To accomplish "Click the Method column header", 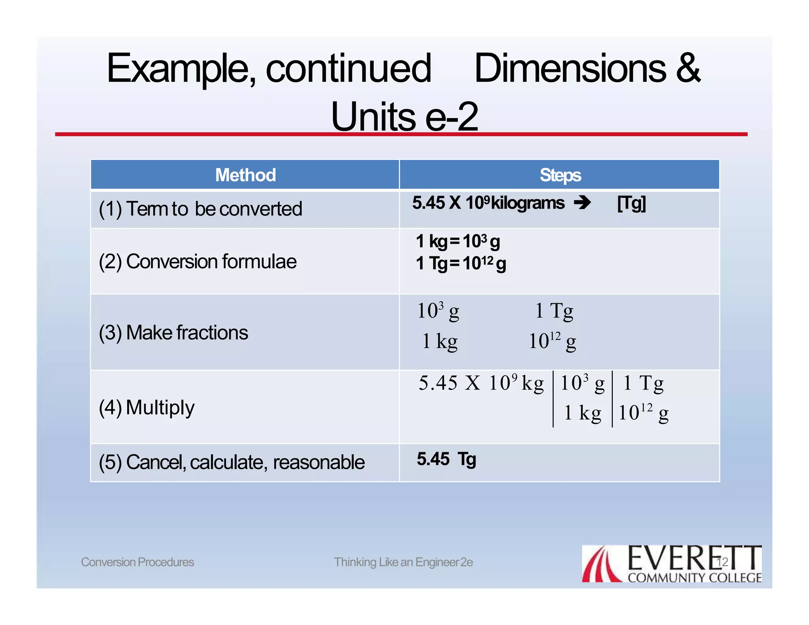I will point(245,175).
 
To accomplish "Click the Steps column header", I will point(560,175).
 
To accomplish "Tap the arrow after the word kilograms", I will point(582,203).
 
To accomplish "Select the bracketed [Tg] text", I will point(631,203).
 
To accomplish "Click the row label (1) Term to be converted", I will point(200,209).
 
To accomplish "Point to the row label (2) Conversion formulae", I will point(198,262).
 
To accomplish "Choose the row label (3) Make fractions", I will point(173,333).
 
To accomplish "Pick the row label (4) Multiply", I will point(147,408).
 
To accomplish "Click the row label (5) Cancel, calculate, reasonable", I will point(231,462).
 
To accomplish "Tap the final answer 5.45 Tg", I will point(446,459).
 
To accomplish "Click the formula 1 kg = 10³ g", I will point(458,241).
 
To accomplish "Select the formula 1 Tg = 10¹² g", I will point(461,264).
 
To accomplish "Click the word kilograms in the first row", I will point(527,203).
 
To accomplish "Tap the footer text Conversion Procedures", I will point(137,562).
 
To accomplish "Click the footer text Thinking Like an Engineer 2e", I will point(403,562).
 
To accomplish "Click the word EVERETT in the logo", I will point(694,558).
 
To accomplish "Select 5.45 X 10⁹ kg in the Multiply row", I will point(481,383).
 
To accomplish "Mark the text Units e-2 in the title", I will point(404,117).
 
